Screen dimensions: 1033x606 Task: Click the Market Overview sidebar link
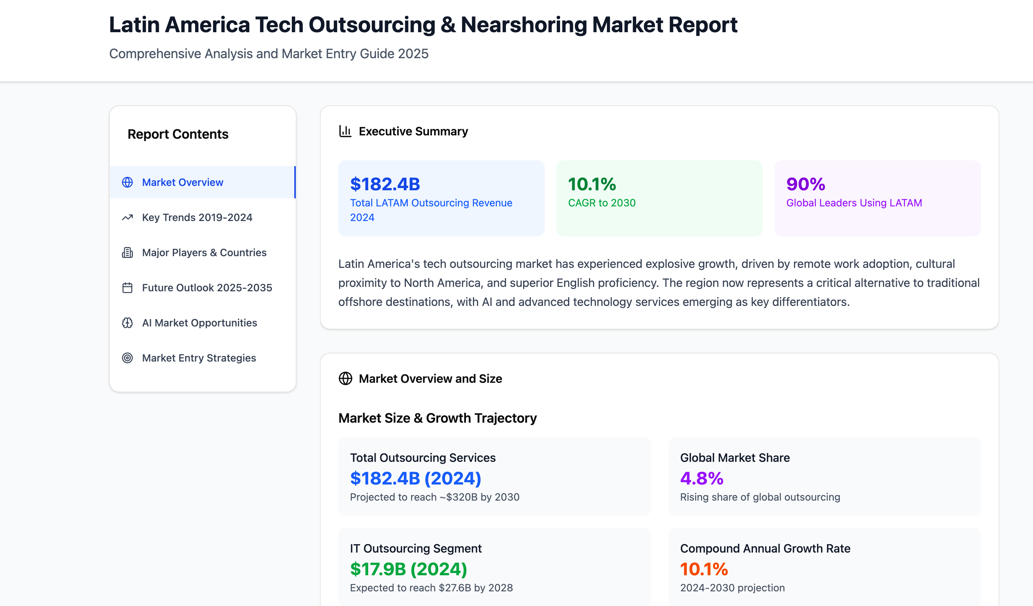(x=182, y=182)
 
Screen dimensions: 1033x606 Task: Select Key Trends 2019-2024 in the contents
(x=197, y=218)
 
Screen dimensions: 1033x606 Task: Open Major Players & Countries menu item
(x=204, y=252)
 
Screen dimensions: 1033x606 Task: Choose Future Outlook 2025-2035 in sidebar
(x=207, y=288)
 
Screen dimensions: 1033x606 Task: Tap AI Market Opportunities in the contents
(x=199, y=323)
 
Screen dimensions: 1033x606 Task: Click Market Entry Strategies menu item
(x=199, y=358)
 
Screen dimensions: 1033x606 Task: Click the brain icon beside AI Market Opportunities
(x=127, y=323)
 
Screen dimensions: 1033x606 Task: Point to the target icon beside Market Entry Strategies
(x=127, y=358)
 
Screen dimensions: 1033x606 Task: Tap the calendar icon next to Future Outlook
(x=127, y=288)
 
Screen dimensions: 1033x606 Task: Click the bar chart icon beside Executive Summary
(x=345, y=131)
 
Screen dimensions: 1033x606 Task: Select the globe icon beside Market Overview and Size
(x=345, y=379)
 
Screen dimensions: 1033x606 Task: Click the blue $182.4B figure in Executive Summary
(x=385, y=184)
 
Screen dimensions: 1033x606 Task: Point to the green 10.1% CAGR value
(x=592, y=184)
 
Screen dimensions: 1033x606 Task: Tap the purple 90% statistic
(x=805, y=184)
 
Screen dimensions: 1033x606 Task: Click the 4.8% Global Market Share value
(x=702, y=479)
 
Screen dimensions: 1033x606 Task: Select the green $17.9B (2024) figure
(x=408, y=569)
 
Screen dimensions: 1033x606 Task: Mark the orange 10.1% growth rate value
(x=704, y=569)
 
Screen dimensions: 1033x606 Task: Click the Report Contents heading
(x=178, y=134)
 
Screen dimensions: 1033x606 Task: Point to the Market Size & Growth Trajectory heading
(x=437, y=418)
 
